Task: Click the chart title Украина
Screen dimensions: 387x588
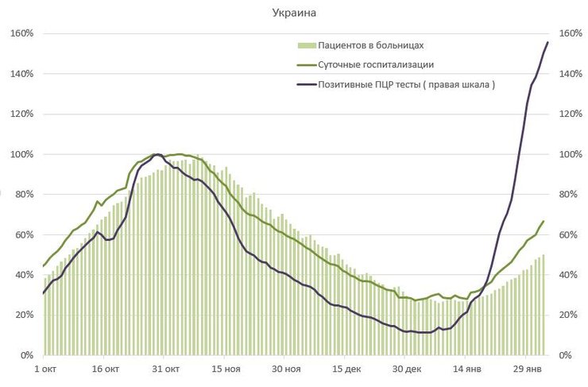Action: [x=293, y=14]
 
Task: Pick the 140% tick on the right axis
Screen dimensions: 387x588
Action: [x=571, y=74]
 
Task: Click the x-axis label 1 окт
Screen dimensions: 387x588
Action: [x=45, y=370]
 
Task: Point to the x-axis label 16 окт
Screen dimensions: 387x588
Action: [x=106, y=370]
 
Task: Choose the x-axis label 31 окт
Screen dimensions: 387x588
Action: [x=166, y=370]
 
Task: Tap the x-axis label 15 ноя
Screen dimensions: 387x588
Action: [x=226, y=370]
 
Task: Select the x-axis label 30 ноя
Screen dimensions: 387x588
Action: [x=287, y=370]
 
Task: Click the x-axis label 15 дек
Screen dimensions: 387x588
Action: [x=347, y=370]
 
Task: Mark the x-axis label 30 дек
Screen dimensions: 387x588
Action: [x=407, y=370]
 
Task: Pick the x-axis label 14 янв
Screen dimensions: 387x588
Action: [x=467, y=370]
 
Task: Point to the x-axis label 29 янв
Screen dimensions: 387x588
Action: [x=528, y=370]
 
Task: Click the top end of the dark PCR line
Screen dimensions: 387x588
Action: [x=547, y=42]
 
